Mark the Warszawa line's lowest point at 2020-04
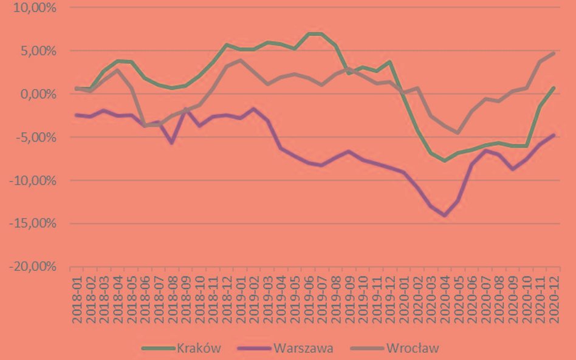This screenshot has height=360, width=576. pyautogui.click(x=445, y=215)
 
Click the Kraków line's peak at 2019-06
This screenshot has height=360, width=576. pyautogui.click(x=309, y=34)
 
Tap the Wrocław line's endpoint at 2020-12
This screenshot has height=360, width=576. pyautogui.click(x=554, y=53)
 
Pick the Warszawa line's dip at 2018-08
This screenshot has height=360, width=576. pyautogui.click(x=173, y=143)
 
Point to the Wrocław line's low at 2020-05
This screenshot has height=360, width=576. pyautogui.click(x=458, y=133)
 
